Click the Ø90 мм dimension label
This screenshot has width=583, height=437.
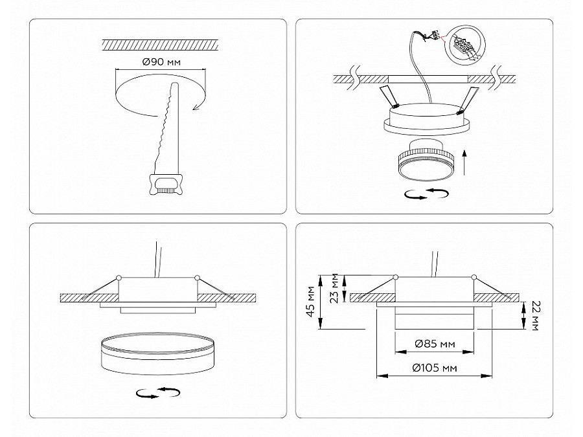pyautogui.click(x=161, y=62)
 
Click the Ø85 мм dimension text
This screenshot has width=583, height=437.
pyautogui.click(x=435, y=344)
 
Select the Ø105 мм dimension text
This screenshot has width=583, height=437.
pyautogui.click(x=435, y=368)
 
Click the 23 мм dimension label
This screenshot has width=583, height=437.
pyautogui.click(x=335, y=288)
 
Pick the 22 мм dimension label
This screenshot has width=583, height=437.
pyautogui.click(x=536, y=315)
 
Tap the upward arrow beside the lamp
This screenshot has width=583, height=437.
pyautogui.click(x=464, y=162)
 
